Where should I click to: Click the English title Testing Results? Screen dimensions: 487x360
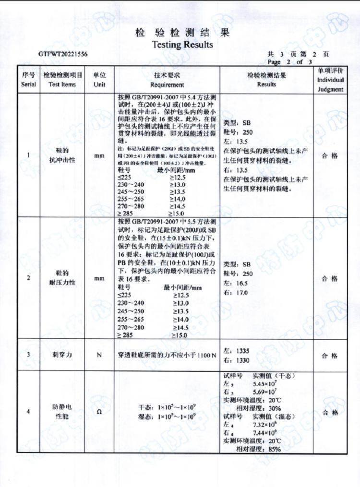182,45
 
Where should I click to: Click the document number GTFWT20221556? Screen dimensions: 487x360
63,55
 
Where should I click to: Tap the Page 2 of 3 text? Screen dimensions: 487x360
289,62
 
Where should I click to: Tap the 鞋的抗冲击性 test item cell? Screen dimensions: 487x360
62,155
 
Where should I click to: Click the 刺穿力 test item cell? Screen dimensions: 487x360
62,355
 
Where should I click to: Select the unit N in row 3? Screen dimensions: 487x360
99,355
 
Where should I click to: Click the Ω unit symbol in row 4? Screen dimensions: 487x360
99,413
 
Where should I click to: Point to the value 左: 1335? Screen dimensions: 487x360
237,351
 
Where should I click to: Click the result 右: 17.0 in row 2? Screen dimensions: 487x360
236,293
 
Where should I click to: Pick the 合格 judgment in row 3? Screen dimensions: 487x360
330,356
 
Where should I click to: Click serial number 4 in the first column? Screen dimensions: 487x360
28,412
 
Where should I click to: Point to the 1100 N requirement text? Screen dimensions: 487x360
206,355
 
